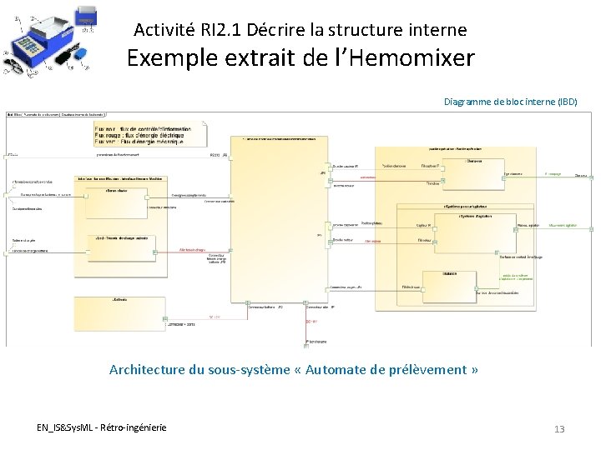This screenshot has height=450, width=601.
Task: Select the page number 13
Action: point(559,429)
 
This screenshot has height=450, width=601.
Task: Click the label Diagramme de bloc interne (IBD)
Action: point(510,102)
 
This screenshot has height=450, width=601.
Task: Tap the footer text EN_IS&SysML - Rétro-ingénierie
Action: point(101,427)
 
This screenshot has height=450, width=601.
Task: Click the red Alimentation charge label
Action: point(192,248)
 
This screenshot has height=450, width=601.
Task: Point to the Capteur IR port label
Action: point(423,225)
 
